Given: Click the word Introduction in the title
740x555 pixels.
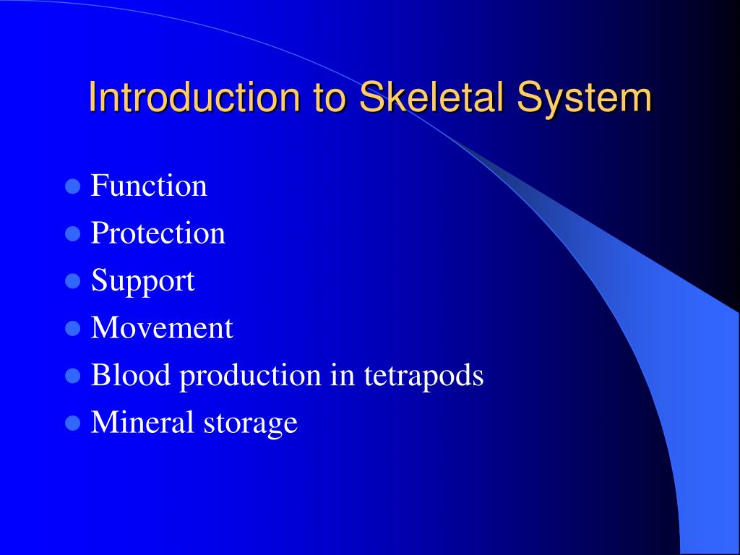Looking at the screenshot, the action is tap(194, 98).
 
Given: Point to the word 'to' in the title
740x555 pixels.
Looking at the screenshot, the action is tap(330, 99).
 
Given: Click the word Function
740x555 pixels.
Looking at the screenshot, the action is tap(149, 185).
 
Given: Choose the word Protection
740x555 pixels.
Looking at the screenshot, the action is tap(158, 233).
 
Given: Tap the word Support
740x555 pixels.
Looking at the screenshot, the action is tap(142, 281).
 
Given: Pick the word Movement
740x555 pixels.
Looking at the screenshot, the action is tap(162, 327).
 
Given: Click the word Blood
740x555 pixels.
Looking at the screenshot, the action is tap(130, 374).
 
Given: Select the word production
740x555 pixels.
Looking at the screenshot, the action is tap(251, 377).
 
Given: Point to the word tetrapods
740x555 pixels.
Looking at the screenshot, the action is tap(423, 377).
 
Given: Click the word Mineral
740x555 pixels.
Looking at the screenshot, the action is tap(142, 421).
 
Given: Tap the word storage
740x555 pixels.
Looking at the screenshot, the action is tap(251, 423).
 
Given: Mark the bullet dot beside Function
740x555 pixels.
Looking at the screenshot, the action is tap(73, 186).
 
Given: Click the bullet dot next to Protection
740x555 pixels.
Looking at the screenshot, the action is tap(73, 233).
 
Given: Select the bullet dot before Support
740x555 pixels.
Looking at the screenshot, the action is tap(73, 281).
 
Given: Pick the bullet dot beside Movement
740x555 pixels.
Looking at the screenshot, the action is tap(73, 328).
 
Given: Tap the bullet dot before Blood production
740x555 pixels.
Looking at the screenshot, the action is tap(73, 376).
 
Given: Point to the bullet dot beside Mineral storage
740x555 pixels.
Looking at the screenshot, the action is tap(73, 423).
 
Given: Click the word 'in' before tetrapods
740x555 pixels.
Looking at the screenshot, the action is tap(343, 374).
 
